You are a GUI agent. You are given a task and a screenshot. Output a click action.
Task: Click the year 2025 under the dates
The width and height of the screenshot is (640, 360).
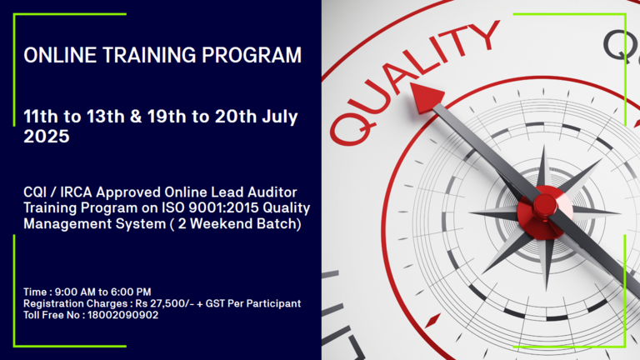47,137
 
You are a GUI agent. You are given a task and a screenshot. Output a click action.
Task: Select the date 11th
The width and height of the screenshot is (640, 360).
41,117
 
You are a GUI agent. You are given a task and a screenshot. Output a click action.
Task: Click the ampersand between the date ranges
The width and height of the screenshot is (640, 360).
136,117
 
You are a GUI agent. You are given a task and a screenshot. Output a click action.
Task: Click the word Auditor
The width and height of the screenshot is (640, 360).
272,192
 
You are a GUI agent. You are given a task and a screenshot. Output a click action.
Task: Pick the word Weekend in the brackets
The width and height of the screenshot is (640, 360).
221,223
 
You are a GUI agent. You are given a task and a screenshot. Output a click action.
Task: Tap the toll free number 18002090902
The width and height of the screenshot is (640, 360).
122,315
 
